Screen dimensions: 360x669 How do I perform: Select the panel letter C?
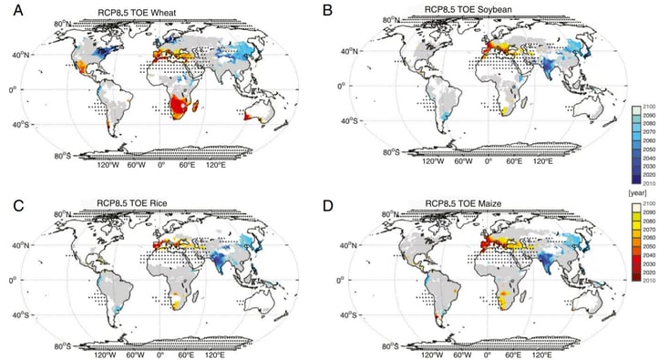click(10, 190)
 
